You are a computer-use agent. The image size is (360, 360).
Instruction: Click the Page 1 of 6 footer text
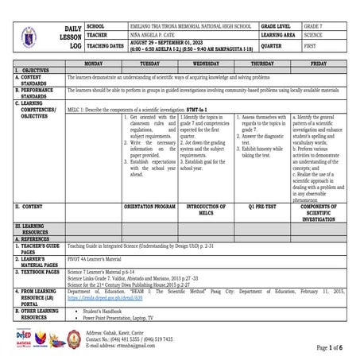tap(330, 347)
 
